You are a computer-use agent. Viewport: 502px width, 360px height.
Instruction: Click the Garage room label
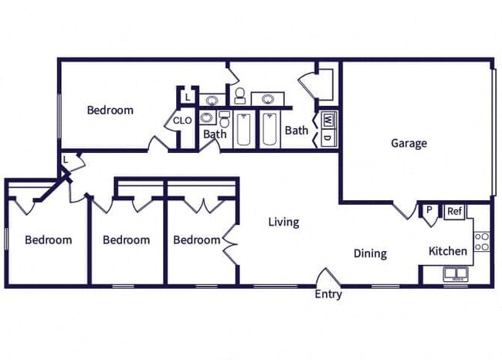(409, 143)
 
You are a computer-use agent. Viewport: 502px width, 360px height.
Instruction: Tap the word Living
(283, 222)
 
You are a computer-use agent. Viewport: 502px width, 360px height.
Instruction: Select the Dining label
(370, 253)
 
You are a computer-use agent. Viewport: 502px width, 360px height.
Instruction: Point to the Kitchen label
(448, 251)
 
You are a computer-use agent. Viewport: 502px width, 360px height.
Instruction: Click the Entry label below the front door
(328, 294)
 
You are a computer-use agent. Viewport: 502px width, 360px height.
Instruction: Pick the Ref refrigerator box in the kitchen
(454, 211)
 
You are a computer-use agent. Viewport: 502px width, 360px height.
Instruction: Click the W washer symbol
(327, 121)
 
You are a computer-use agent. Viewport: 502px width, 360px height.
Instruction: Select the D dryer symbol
(327, 138)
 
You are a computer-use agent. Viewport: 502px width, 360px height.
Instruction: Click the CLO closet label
(182, 121)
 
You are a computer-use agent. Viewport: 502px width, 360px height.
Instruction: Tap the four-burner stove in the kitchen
(481, 242)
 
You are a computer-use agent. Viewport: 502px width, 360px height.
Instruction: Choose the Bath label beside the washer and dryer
(297, 131)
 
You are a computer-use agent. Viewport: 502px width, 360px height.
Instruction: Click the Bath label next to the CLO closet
(215, 134)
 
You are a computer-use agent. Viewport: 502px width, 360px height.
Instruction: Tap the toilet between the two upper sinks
(239, 96)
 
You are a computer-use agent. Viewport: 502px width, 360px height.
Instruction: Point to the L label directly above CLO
(187, 97)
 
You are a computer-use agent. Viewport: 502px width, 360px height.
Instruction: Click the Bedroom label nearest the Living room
(196, 240)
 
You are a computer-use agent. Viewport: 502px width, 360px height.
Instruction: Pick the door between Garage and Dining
(404, 209)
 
